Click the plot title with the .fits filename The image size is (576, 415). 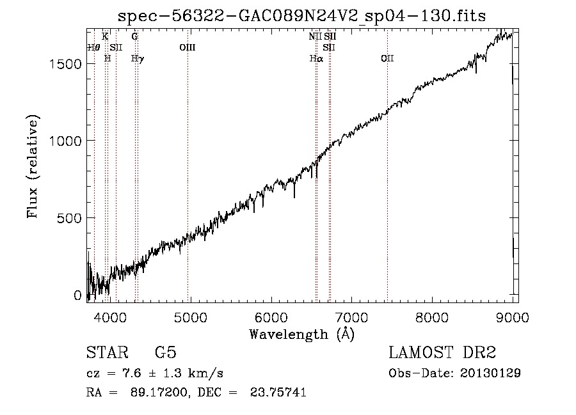coord(301,16)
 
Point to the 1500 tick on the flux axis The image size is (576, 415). coord(65,64)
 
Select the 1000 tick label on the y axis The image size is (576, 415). coord(65,141)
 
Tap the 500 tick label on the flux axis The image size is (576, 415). coord(69,218)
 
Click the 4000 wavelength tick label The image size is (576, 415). coord(110,317)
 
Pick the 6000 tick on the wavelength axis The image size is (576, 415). coord(271,317)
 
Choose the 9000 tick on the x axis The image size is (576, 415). coord(513,317)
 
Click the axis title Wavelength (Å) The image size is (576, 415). coord(302,334)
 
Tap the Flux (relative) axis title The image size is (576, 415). coord(33,167)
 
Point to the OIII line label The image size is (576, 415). coord(188,47)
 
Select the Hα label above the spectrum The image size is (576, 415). coord(316,58)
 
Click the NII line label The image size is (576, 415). coord(315,36)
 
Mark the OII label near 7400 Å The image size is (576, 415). coord(387,58)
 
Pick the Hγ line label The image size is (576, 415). coord(138,59)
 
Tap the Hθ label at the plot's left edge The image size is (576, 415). coord(93,47)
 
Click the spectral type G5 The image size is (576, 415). coord(166,352)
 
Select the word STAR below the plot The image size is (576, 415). coord(108,352)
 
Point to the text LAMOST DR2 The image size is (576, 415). coord(442,352)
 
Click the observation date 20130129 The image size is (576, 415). coord(490,373)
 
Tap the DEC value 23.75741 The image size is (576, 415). coord(278,392)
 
